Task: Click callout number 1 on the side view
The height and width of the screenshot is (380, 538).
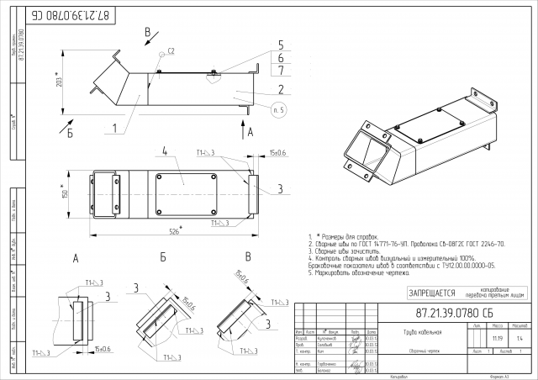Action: tap(111, 129)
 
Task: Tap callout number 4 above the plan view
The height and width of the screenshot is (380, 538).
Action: tap(166, 152)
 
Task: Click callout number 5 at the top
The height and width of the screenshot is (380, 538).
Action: tap(281, 45)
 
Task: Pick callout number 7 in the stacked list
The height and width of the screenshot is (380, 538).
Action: tap(281, 71)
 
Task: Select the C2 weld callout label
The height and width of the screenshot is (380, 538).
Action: tap(171, 52)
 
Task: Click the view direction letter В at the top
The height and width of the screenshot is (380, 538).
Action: tap(148, 33)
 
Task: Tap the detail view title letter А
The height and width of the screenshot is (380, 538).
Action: tap(76, 258)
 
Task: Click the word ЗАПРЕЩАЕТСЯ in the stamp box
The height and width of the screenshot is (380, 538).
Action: tap(431, 293)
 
